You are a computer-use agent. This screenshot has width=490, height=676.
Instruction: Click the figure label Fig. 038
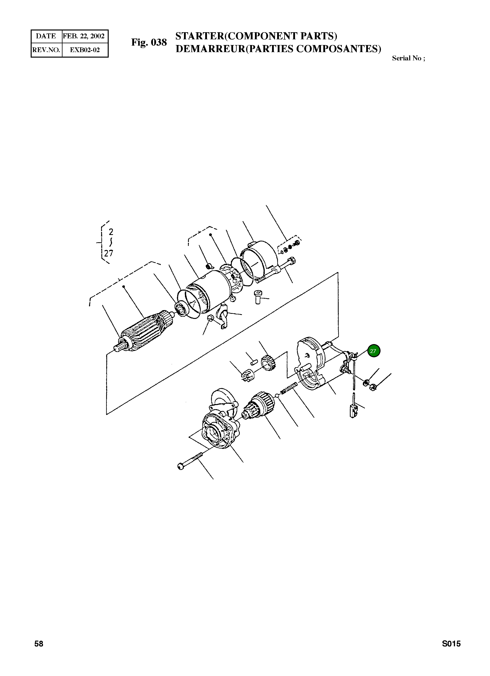pos(149,42)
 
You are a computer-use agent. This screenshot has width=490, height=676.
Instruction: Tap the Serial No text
pos(408,58)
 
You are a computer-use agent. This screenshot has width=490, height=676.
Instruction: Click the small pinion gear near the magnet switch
pos(268,363)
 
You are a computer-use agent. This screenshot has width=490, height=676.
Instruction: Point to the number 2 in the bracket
pos(111,232)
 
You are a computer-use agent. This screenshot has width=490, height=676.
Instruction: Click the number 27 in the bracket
pos(109,253)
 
